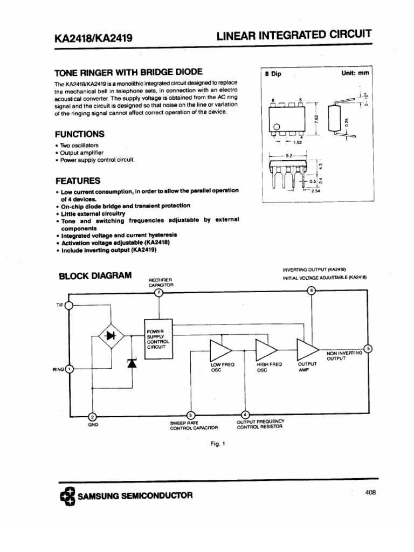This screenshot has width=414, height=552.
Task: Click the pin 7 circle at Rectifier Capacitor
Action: [158, 292]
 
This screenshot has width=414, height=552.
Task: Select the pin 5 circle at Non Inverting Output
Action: [368, 348]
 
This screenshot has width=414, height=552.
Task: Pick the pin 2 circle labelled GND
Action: [92, 417]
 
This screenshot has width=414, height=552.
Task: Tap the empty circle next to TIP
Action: [69, 306]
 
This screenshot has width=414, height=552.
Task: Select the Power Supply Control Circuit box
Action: [160, 338]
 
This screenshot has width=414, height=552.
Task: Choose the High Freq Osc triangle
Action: [265, 350]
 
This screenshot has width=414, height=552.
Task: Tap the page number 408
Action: [370, 492]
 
